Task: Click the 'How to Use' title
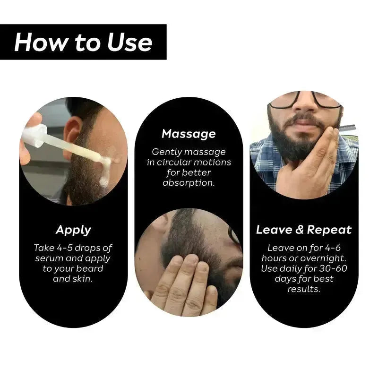pos(83,42)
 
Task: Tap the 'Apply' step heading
pos(73,230)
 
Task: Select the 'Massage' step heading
pos(189,134)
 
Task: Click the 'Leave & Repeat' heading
pos(304,230)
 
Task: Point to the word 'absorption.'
pos(189,182)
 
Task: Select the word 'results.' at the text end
pos(304,289)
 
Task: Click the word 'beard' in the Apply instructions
pos(88,268)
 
